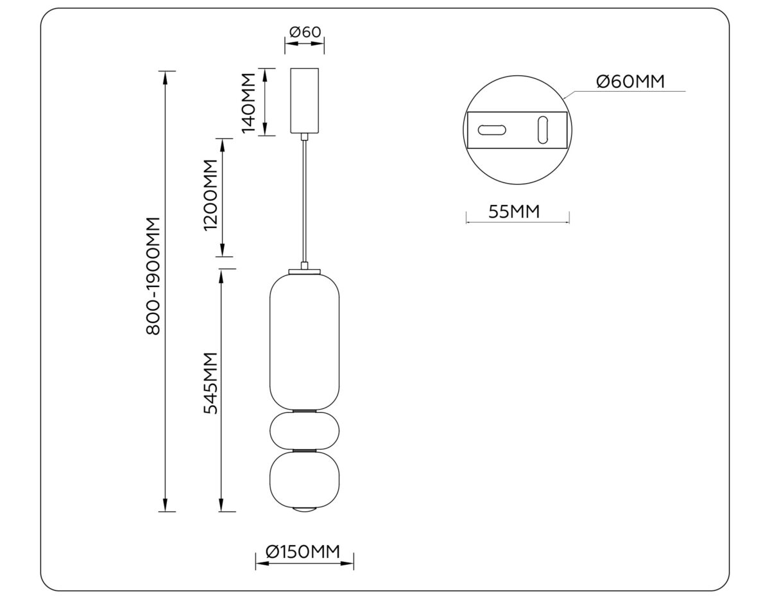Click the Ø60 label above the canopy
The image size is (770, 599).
[x=305, y=31]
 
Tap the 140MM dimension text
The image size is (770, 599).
[x=248, y=102]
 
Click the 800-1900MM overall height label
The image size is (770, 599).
[x=153, y=275]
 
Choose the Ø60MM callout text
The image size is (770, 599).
[x=629, y=82]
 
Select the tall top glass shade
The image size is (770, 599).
[x=305, y=340]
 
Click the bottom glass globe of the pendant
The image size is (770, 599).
[x=305, y=478]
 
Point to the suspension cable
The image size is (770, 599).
[x=305, y=199]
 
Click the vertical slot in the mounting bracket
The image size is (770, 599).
[x=543, y=130]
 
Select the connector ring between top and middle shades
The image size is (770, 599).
[x=305, y=410]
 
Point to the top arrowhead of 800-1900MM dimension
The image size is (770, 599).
[x=166, y=74]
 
